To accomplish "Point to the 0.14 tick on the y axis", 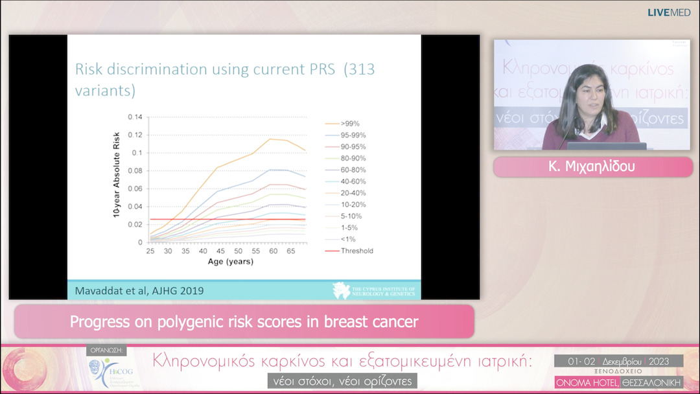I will [135, 117].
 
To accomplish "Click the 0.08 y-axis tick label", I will [135, 171].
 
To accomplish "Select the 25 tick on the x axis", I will [150, 251].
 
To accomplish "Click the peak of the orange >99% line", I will [270, 139].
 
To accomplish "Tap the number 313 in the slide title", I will [360, 69].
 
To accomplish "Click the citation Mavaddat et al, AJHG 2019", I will [139, 290].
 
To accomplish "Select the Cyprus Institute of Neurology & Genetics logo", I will [374, 290].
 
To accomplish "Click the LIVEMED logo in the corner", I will [669, 12].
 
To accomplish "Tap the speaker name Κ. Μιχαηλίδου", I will [592, 167].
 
